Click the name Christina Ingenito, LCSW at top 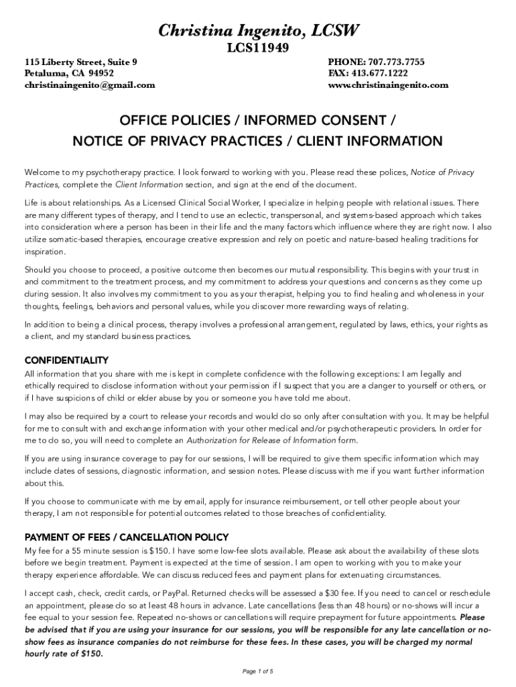point(258,30)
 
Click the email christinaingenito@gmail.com point(90,85)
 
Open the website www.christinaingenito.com point(388,85)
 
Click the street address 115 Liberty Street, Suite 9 point(81,62)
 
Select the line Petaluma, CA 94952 point(69,73)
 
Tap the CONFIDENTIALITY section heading point(66,360)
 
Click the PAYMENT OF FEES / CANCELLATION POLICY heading point(127,537)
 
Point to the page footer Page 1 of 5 point(257,672)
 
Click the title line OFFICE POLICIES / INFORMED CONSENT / point(257,121)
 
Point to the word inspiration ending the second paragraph point(44,252)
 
